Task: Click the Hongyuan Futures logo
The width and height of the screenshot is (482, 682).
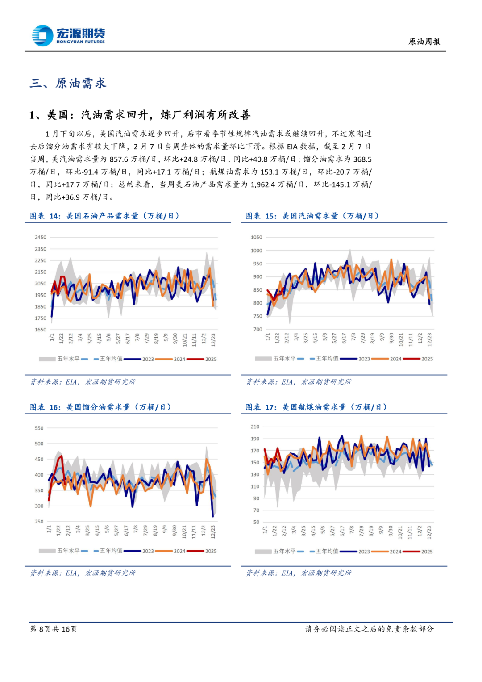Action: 68,35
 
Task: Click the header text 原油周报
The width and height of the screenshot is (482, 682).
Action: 424,42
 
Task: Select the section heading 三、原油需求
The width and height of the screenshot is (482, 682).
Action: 68,84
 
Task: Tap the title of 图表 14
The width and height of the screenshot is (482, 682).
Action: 104,216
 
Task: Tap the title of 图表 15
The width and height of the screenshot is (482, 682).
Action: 312,216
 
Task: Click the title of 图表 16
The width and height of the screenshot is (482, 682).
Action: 100,407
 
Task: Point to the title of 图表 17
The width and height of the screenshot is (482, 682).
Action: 316,407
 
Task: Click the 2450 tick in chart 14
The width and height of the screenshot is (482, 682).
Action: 41,238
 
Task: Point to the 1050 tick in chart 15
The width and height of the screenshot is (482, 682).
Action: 257,238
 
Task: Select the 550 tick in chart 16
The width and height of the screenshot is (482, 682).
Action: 39,428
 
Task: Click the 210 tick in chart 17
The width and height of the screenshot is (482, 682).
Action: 255,427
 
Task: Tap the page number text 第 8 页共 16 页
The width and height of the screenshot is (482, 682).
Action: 53,629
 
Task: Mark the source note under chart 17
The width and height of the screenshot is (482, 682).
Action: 299,573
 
